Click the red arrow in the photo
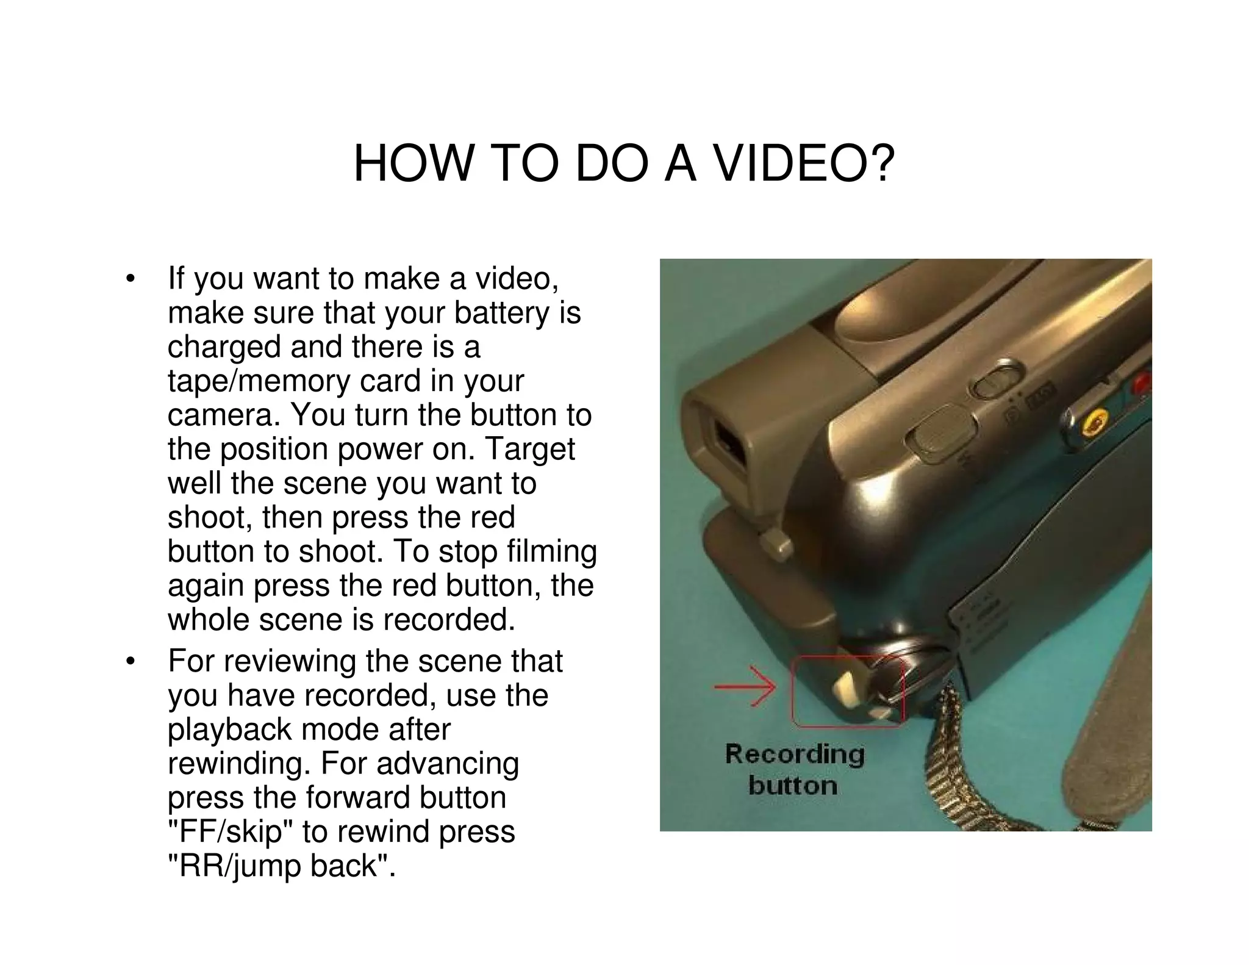click(745, 687)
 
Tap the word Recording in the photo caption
click(794, 754)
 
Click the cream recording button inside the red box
click(846, 687)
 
